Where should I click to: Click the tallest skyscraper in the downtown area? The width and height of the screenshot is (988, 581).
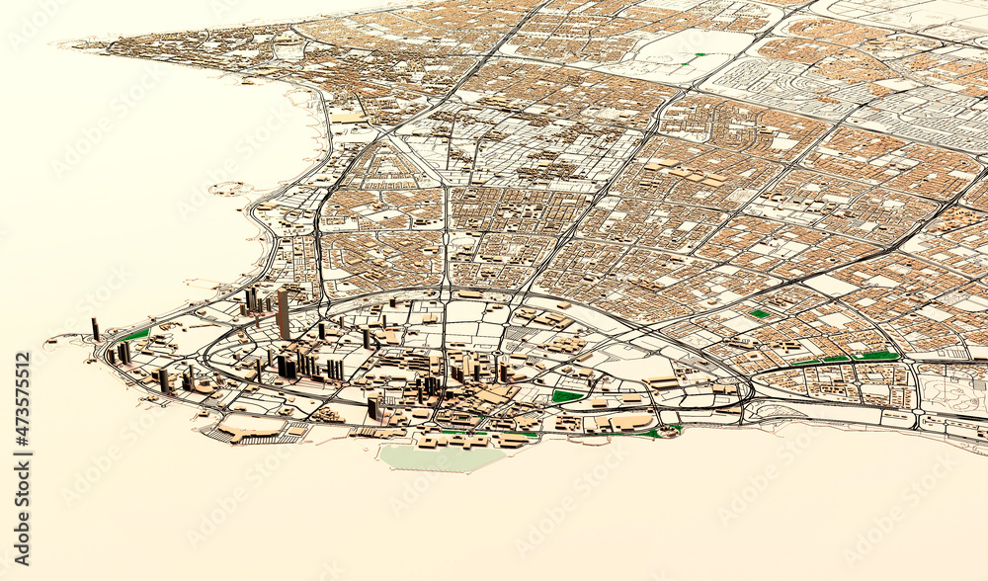pos(284,314)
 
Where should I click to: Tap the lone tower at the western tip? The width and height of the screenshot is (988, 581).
pos(96,329)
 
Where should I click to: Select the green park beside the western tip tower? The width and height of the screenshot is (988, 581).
pos(136,335)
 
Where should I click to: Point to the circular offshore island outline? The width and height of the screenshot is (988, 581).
pos(227,188)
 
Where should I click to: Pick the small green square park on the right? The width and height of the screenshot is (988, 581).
pos(759,313)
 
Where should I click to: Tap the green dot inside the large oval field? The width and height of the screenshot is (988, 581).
pos(700,56)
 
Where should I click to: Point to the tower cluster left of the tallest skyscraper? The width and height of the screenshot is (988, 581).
pos(253,299)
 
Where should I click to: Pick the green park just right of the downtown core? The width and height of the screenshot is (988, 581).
pos(566,396)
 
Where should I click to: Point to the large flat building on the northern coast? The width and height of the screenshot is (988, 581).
pos(348,117)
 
